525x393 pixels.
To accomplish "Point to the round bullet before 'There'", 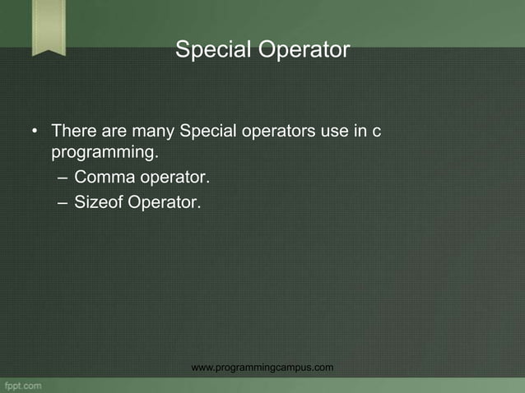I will pos(35,131).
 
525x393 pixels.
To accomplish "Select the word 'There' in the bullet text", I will pos(72,131).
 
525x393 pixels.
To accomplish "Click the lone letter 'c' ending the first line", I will pos(376,132).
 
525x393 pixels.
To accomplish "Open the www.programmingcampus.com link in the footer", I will pos(262,367).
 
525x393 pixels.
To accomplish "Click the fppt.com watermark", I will pos(22,385).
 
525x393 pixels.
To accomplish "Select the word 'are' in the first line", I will pos(117,131).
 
